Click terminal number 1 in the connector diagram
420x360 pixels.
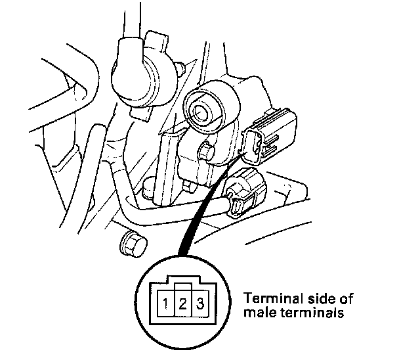tap(169, 304)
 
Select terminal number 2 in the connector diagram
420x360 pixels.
tap(185, 304)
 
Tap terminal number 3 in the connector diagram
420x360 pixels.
tap(201, 304)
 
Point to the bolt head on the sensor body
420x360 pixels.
tap(208, 152)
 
